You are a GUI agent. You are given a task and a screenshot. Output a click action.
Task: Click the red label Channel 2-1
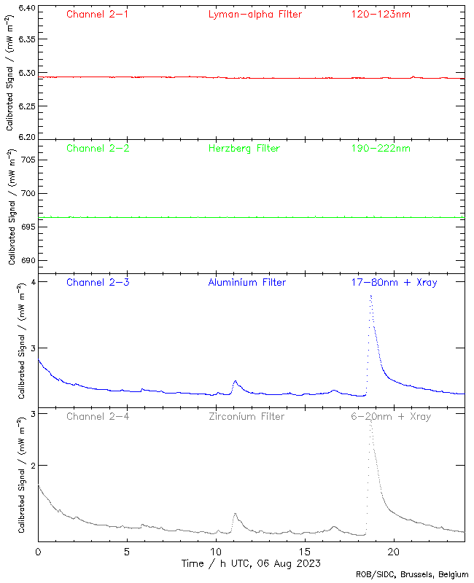click(98, 14)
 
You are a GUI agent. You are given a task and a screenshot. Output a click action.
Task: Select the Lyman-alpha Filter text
click(255, 14)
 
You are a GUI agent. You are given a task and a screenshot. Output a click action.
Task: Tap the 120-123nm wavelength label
click(381, 14)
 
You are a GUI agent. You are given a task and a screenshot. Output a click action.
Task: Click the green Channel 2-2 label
click(98, 148)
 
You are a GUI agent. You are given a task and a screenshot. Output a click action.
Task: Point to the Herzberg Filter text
click(244, 148)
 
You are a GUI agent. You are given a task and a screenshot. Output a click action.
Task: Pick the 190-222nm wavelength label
click(381, 148)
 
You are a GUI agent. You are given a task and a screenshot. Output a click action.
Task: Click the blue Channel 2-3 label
click(98, 282)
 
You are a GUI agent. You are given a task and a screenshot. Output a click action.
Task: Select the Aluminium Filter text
click(247, 282)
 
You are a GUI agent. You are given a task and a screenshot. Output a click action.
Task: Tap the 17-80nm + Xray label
click(394, 282)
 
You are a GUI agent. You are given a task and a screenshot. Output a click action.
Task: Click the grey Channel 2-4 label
click(98, 416)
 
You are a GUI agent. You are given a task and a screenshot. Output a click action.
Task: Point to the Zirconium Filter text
click(246, 416)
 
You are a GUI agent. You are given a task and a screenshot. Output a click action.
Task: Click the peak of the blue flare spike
click(371, 295)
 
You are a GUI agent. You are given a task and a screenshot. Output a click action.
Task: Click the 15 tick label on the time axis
click(305, 552)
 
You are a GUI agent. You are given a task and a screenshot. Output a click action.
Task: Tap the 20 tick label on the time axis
click(394, 552)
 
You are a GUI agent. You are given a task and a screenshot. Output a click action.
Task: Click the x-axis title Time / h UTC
click(251, 563)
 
